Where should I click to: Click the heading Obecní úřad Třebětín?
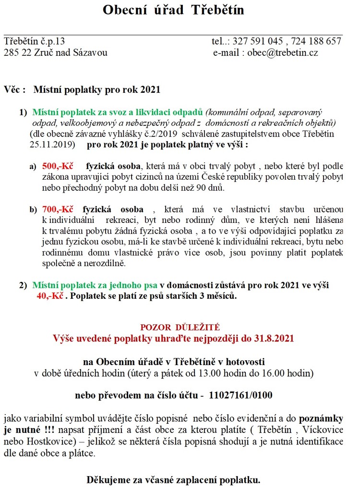(173, 10)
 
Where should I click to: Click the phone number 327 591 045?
(260, 41)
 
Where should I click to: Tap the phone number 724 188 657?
(317, 41)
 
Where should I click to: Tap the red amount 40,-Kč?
(50, 296)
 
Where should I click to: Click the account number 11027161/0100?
(241, 395)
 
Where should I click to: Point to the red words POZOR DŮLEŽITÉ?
(180, 328)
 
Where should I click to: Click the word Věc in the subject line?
(13, 89)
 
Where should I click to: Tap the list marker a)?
(33, 167)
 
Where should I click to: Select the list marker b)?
(33, 210)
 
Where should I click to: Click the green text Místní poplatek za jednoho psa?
(95, 285)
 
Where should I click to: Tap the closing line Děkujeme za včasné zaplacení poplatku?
(173, 479)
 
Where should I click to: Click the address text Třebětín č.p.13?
(34, 41)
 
